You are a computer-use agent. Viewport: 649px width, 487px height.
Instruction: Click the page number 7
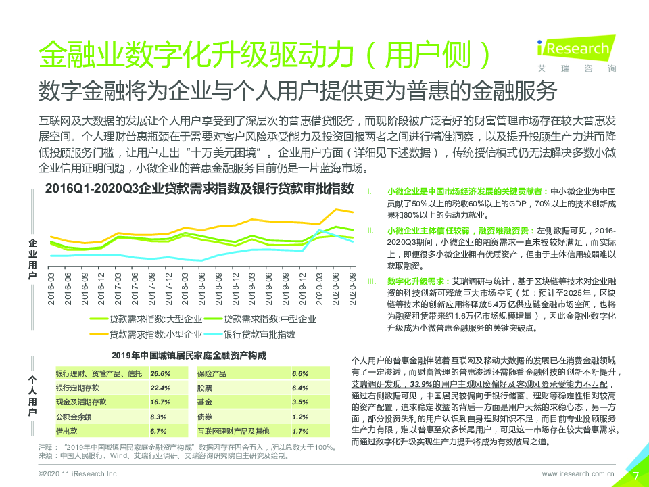pos(635,475)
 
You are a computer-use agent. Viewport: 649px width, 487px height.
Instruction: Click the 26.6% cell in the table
pos(160,373)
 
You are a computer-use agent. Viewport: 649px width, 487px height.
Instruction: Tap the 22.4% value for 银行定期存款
pos(160,388)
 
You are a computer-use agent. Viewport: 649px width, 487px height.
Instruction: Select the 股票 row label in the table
pos(204,388)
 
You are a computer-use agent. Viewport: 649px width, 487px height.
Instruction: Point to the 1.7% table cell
pos(300,431)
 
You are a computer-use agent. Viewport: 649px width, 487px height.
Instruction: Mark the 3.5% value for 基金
pos(300,402)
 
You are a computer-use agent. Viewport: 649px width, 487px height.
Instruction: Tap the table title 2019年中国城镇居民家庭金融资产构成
pos(189,355)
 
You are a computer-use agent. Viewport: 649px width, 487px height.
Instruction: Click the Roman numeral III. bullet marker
pos(371,280)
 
